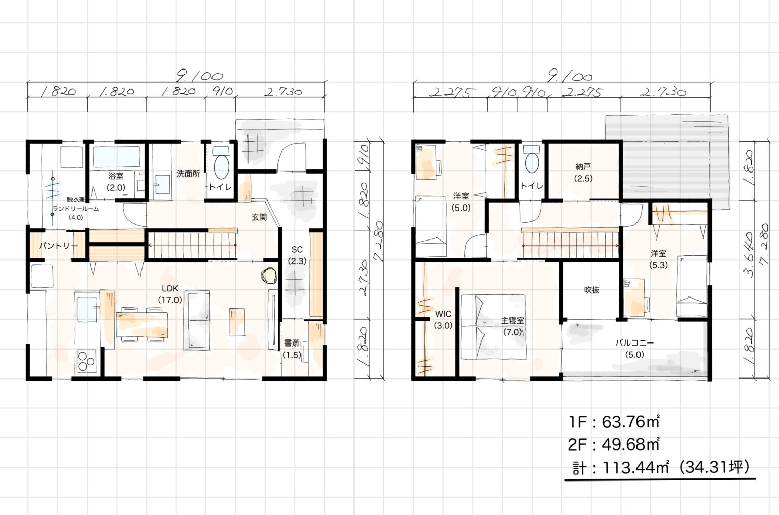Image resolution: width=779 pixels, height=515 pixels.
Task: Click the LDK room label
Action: point(170,289)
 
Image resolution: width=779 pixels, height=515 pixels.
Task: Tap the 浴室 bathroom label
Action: point(116,176)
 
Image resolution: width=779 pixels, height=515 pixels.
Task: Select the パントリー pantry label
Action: point(58,246)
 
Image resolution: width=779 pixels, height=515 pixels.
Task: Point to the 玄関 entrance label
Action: point(259,217)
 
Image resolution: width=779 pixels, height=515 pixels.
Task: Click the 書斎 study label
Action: point(292,343)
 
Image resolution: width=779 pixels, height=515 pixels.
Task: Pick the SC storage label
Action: point(297,250)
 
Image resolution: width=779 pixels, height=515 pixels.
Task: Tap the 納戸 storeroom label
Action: point(583,167)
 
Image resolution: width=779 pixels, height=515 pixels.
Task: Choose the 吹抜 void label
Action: point(591,290)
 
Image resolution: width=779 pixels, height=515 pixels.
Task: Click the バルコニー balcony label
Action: point(634,343)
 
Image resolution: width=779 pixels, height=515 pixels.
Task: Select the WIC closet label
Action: point(443,314)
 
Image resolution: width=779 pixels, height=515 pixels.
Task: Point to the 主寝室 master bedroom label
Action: point(512,321)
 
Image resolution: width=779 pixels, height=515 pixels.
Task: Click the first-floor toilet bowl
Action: point(221,167)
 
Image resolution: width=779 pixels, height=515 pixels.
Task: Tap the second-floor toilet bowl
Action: point(532,163)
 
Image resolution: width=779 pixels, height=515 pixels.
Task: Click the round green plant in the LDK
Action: point(269,276)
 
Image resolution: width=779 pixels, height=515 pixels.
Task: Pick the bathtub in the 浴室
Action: point(117,157)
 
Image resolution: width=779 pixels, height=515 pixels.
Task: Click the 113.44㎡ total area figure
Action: point(635,468)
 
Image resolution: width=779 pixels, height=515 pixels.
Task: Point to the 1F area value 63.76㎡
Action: point(630,422)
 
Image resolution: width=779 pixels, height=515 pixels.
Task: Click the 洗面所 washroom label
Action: point(188,174)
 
